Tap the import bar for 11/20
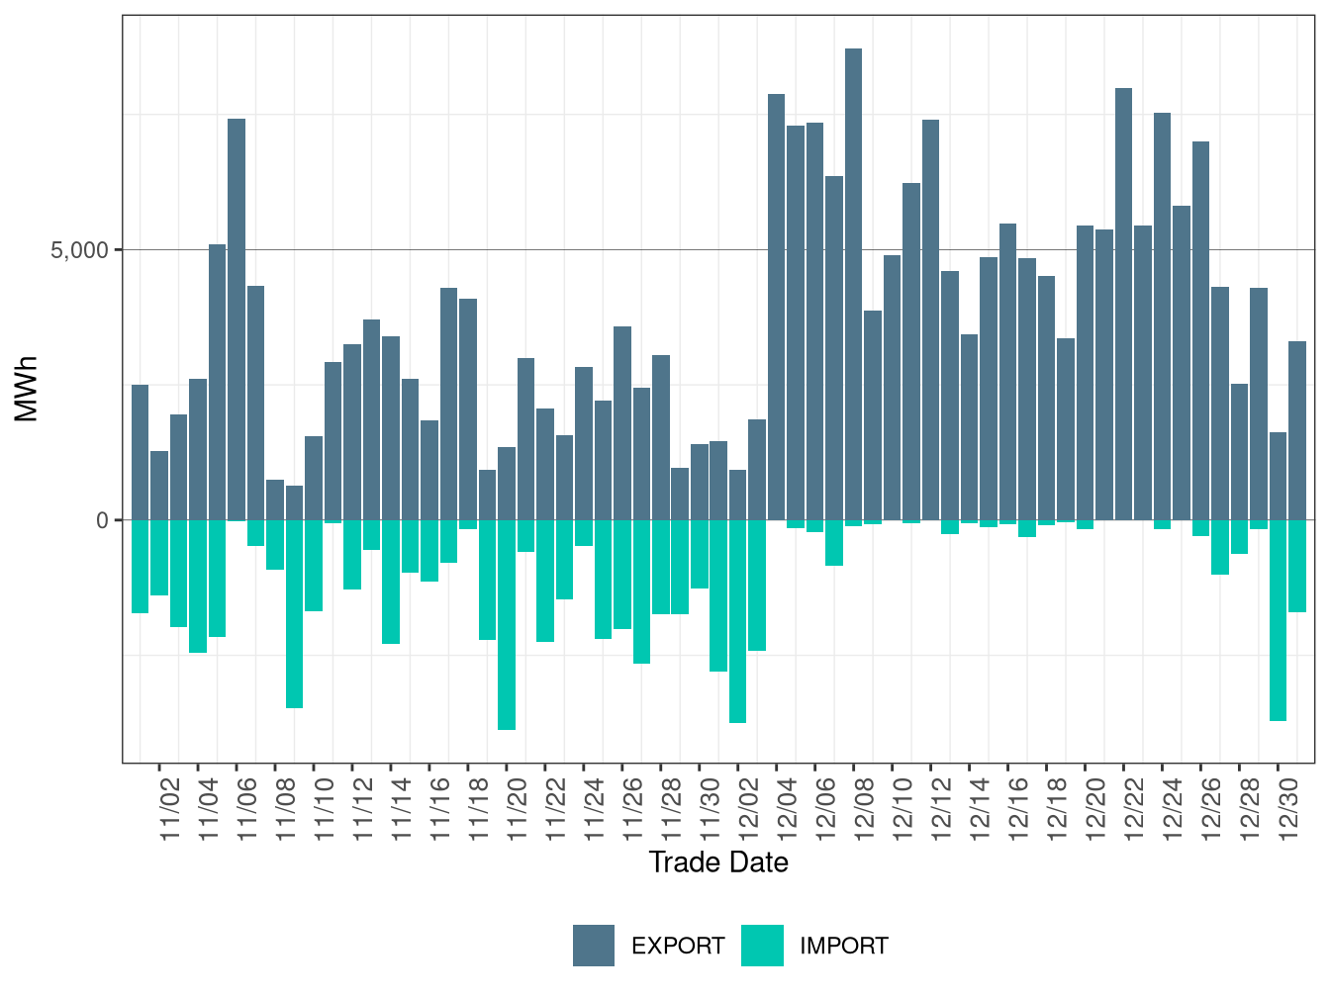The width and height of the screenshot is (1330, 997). point(507,624)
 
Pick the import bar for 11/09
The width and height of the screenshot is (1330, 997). point(294,613)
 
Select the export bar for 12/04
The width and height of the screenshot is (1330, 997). point(776,307)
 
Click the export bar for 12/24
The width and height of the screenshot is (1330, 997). point(1162,317)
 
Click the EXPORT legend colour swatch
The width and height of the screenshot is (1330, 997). point(594,946)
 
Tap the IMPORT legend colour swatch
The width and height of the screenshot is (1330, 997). point(762,946)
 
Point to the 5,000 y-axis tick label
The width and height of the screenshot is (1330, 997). point(79,250)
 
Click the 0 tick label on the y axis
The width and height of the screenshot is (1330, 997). point(102,520)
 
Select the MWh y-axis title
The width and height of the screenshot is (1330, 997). point(27,389)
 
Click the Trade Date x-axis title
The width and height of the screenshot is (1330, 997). point(718,862)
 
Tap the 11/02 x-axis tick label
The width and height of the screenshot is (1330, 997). point(170,809)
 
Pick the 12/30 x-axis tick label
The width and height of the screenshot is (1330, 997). point(1288,809)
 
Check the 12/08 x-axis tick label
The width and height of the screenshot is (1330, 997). point(864,809)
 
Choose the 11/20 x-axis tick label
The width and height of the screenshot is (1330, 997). point(517,809)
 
